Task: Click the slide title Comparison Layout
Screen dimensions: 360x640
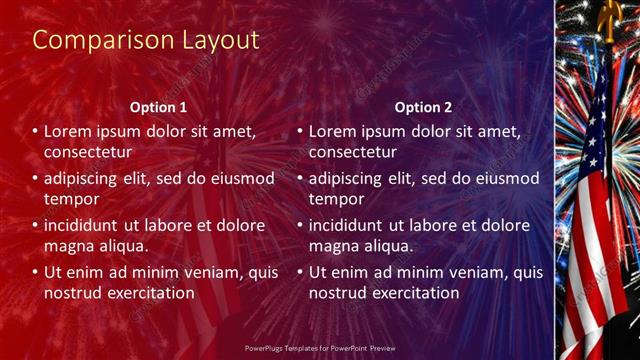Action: pos(146,40)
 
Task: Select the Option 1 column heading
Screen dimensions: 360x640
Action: pos(158,106)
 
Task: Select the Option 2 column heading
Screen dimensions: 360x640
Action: pos(423,106)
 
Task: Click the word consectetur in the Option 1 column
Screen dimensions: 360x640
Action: pos(89,152)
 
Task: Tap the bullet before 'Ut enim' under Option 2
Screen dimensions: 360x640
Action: pos(299,272)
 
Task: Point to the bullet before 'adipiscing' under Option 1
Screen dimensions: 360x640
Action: pos(35,178)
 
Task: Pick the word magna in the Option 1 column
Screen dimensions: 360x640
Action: pos(70,246)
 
